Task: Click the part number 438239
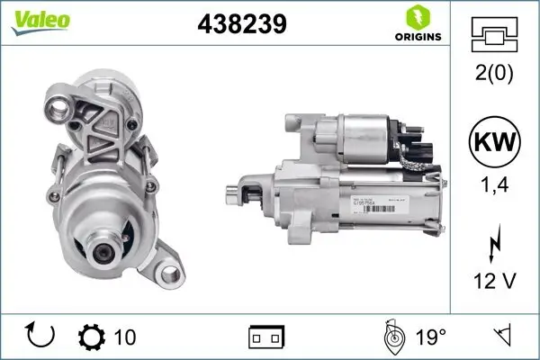click(241, 24)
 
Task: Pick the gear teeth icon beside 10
click(93, 337)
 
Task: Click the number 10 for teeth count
click(125, 337)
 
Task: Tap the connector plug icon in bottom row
click(266, 338)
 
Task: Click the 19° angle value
click(430, 337)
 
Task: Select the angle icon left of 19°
click(391, 337)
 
